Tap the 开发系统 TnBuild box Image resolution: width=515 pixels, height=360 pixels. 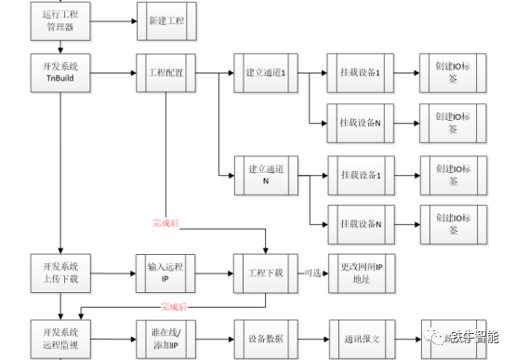(59, 73)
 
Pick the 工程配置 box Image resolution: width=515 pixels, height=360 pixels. (167, 73)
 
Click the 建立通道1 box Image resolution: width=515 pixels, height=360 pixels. (264, 73)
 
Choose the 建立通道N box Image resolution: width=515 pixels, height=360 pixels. (264, 175)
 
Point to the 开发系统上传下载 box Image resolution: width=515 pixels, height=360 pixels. (59, 274)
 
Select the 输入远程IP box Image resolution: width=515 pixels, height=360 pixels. (167, 274)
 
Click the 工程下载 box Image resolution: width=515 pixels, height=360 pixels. (264, 274)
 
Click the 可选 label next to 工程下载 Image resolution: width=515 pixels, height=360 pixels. (313, 273)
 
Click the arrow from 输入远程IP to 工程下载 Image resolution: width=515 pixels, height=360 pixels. (216, 274)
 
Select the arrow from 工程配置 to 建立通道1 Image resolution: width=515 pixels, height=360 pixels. (216, 73)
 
